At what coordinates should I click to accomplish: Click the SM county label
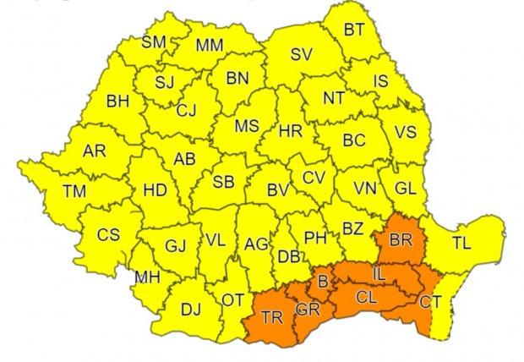(x=153, y=41)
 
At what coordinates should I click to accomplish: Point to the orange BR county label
(x=400, y=240)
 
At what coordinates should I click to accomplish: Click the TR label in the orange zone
(x=272, y=319)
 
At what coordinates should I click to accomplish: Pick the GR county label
(x=307, y=310)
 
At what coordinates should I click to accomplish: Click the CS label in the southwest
(x=107, y=234)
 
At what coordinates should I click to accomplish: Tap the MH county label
(x=146, y=276)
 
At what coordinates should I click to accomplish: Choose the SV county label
(x=301, y=55)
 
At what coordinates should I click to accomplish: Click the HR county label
(x=290, y=132)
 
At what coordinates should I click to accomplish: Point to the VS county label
(x=407, y=132)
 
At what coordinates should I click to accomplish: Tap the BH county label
(x=118, y=101)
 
